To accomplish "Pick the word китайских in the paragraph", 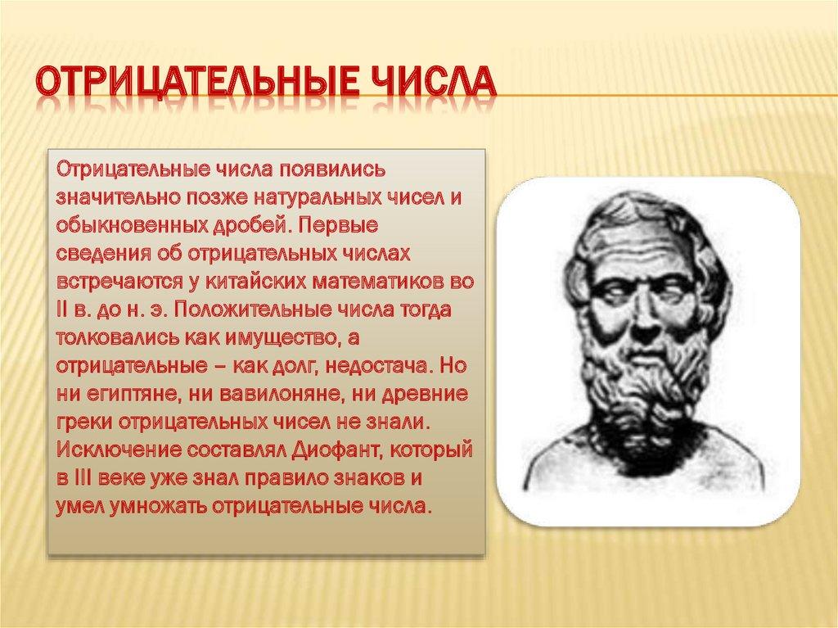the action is pos(255,282).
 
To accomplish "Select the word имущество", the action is pos(282,339).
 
